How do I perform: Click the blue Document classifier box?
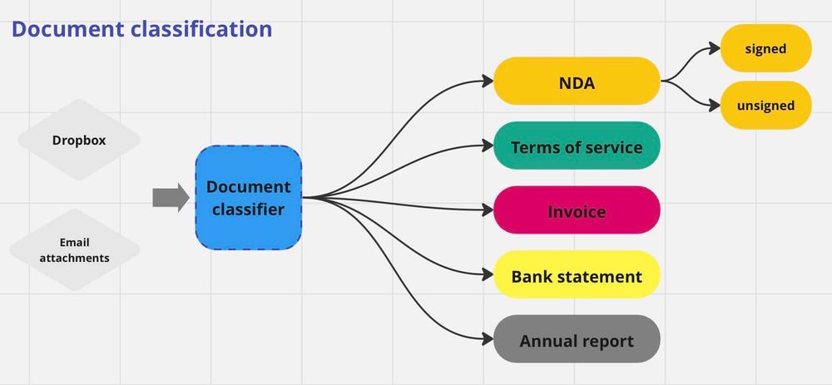click(248, 198)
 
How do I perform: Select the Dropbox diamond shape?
click(79, 140)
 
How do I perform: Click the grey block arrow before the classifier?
click(171, 198)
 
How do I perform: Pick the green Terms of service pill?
click(577, 146)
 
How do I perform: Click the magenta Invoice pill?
click(577, 210)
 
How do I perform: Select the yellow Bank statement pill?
click(577, 275)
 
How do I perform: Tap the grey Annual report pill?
click(577, 340)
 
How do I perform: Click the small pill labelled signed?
click(765, 48)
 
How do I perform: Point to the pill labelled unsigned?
click(765, 106)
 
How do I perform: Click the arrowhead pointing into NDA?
click(488, 81)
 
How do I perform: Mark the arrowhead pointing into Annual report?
click(488, 338)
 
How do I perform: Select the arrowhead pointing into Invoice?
click(488, 209)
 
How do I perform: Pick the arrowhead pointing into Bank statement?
click(488, 274)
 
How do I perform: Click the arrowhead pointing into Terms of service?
click(488, 146)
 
